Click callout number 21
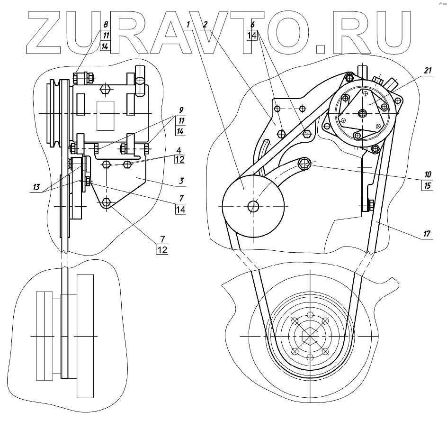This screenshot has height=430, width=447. [x=429, y=70]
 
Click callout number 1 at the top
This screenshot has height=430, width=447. [x=188, y=24]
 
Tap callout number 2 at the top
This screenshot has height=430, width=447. [x=205, y=24]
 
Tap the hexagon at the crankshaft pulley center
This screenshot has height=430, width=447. [x=310, y=335]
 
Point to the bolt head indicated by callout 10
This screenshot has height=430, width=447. [x=305, y=165]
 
